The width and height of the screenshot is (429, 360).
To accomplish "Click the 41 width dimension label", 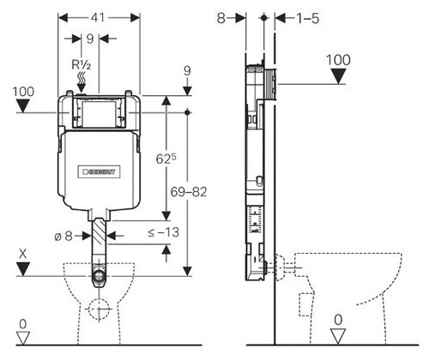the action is [x=98, y=18].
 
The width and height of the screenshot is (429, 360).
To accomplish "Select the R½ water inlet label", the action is [x=81, y=65].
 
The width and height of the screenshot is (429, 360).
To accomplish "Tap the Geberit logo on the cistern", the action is [x=99, y=171].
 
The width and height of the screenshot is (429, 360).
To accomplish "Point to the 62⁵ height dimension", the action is [x=166, y=159].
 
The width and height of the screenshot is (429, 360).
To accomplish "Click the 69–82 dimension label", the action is [x=189, y=192].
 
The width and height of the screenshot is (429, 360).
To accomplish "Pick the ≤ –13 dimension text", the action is [x=163, y=232].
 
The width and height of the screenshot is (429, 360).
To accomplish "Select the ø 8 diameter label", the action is [x=63, y=236].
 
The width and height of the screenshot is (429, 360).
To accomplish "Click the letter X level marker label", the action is [x=22, y=254].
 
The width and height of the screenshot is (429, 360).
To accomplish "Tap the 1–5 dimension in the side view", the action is [x=307, y=19].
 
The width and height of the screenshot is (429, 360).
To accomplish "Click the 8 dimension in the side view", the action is [x=221, y=19].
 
